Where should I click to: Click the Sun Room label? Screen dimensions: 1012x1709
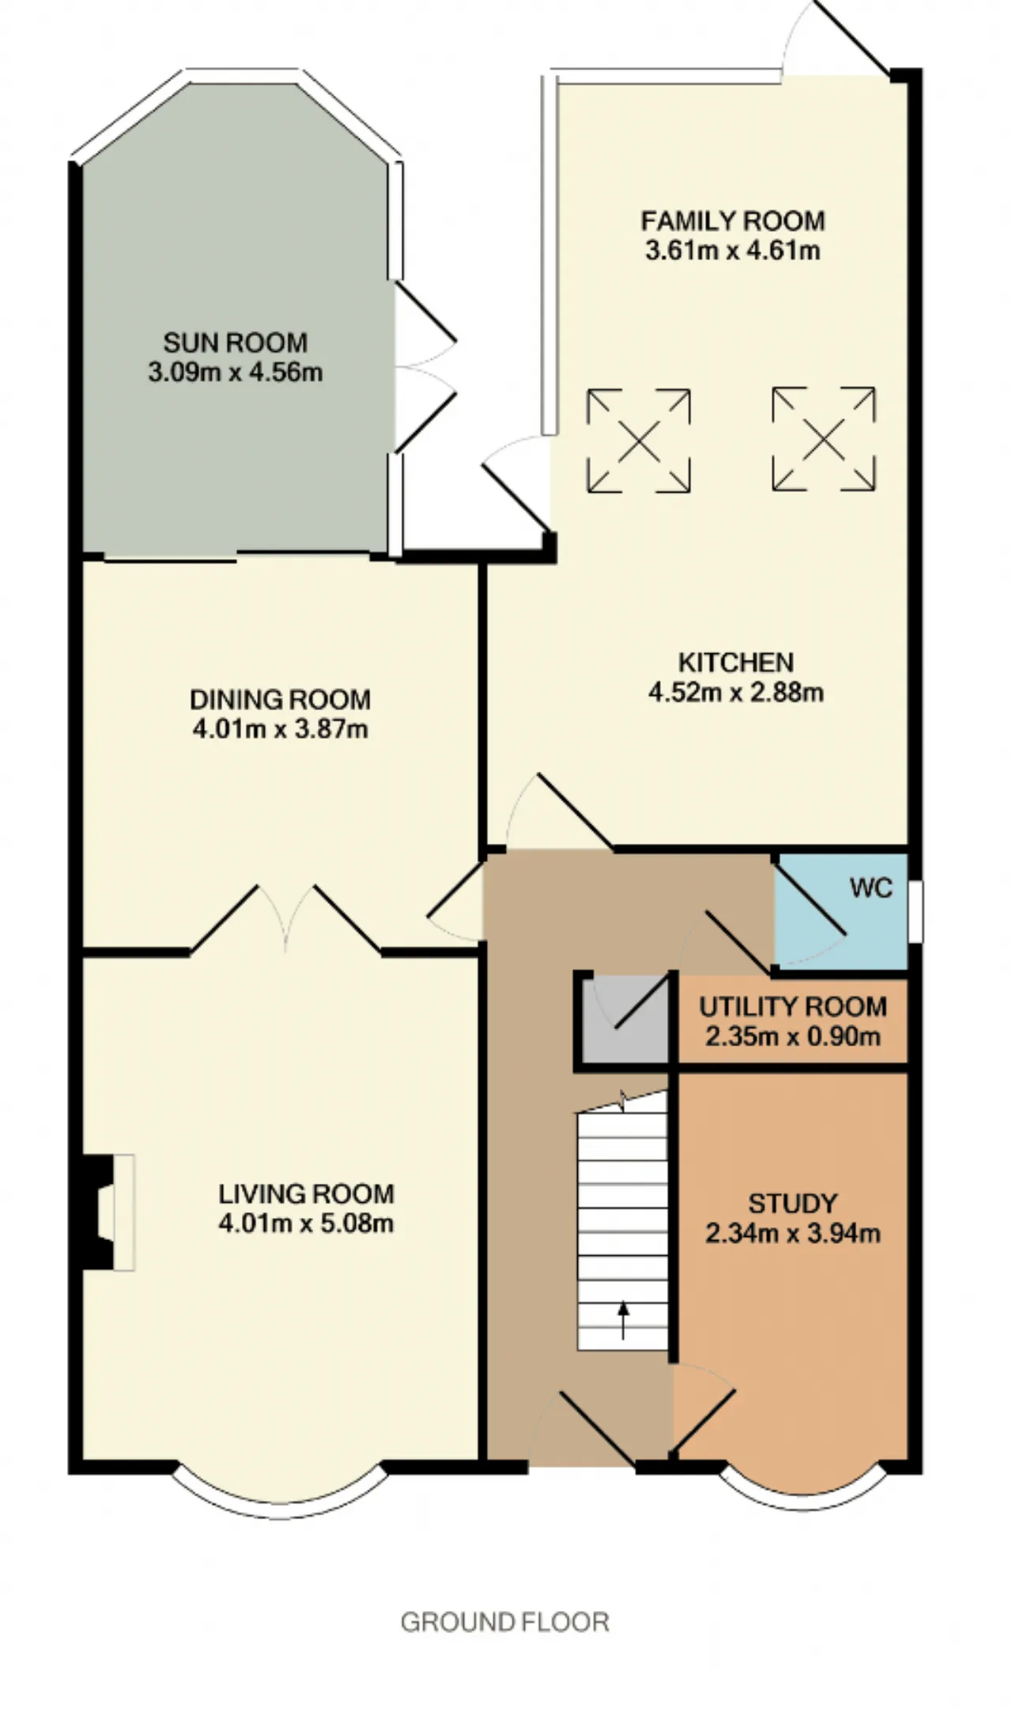[236, 342]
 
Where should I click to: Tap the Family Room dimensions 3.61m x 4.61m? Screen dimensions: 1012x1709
[733, 251]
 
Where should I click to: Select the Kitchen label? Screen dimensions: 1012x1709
[736, 662]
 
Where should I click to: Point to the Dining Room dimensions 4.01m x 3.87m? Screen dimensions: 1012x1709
[281, 728]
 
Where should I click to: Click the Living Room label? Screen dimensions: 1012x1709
[307, 1193]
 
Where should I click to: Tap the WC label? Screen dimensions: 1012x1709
[871, 888]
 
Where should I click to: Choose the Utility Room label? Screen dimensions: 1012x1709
[793, 1007]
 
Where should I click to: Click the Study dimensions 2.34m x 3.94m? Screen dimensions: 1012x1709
[793, 1233]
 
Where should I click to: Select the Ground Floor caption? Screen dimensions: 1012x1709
[505, 1622]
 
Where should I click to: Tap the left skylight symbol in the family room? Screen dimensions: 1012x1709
[639, 440]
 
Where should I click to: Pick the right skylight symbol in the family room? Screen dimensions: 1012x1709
[824, 439]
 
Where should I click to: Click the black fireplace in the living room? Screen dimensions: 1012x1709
[99, 1212]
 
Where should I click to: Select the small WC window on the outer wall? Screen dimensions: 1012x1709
[916, 911]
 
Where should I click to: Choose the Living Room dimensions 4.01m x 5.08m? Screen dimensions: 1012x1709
[307, 1223]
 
